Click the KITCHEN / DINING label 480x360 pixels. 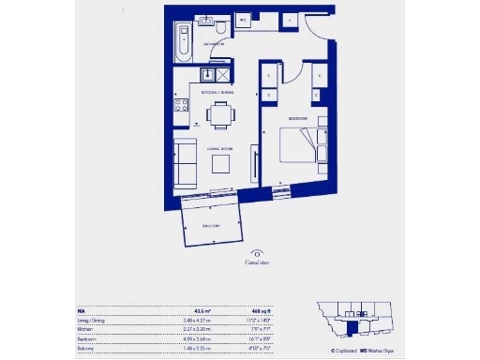(217, 93)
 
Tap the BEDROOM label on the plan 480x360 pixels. (297, 120)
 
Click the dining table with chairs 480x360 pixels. (221, 115)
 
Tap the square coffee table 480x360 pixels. (222, 163)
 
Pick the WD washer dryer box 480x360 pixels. (242, 19)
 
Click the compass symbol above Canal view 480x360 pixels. (256, 252)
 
